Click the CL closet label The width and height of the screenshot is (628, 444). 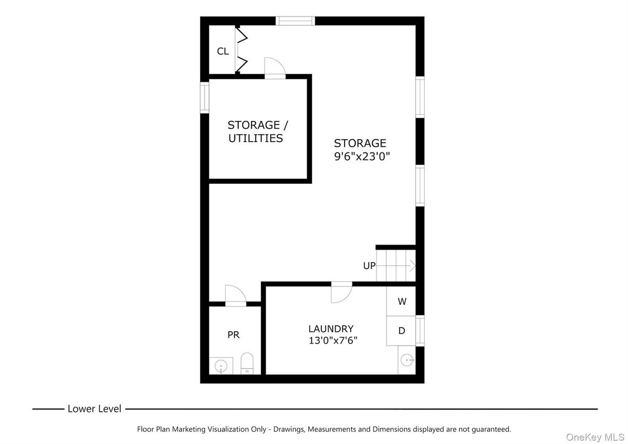click(223, 51)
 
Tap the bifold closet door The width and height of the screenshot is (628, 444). click(241, 50)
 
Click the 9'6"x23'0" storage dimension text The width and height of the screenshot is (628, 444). click(362, 156)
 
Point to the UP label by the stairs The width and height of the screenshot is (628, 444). click(369, 266)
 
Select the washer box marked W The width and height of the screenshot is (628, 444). click(401, 302)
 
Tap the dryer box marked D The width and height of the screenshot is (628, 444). click(401, 331)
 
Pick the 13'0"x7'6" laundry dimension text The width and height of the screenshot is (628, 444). click(333, 341)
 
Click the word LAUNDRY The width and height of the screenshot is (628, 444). click(331, 329)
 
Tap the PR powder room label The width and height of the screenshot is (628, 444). click(233, 335)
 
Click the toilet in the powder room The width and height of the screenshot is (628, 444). click(247, 363)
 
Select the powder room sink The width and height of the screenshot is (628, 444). click(221, 366)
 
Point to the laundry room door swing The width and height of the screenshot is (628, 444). click(341, 292)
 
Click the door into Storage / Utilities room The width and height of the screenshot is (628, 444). click(275, 68)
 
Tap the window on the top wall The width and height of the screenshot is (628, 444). click(295, 21)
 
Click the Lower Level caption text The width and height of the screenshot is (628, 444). click(94, 409)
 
